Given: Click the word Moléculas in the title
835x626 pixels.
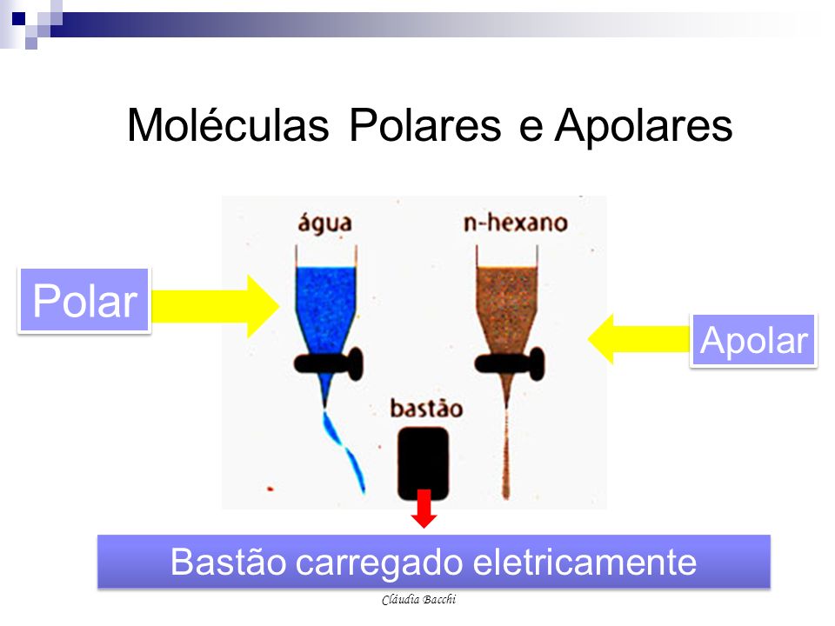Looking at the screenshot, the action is (228, 125).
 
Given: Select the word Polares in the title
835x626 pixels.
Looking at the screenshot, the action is (425, 125).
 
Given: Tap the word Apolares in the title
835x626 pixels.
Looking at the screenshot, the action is (644, 125).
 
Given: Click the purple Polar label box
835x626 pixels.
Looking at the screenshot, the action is (84, 301).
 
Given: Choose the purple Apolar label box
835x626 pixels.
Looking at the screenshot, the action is (753, 340).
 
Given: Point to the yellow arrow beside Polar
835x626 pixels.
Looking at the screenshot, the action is (216, 306).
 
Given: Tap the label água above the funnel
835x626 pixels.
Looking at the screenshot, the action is (324, 223).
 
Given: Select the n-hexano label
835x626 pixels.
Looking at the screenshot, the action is (515, 223).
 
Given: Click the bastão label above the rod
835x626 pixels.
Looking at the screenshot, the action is (426, 409).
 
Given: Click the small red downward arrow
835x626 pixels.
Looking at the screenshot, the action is (424, 509).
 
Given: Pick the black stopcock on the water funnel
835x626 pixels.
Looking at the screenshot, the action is (329, 363).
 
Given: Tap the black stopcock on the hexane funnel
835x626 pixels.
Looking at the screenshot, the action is (510, 363).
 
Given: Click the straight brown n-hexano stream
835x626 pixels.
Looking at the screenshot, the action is (506, 452).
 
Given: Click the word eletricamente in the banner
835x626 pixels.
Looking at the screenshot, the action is (584, 562).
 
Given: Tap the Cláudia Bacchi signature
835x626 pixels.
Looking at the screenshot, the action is (418, 599).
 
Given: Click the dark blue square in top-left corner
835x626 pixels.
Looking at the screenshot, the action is (18, 18).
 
